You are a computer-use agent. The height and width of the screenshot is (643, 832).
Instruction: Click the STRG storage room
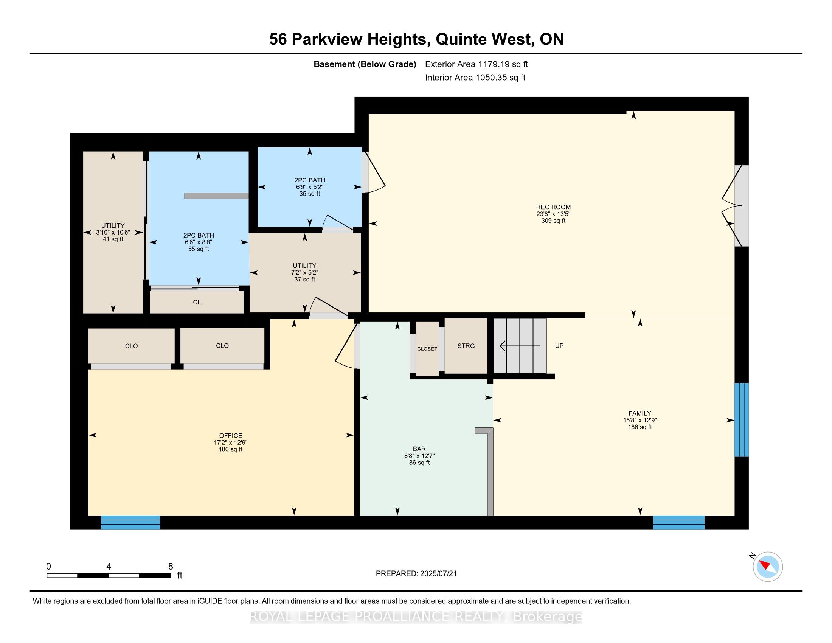click(466, 346)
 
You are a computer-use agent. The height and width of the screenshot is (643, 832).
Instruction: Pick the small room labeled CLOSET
click(427, 349)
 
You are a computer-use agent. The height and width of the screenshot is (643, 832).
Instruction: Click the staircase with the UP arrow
click(520, 346)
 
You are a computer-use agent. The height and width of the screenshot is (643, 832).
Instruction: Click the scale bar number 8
click(171, 566)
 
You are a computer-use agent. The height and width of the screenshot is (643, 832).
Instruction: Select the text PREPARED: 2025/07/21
click(416, 574)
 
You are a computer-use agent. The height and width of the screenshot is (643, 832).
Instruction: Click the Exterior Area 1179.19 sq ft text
click(476, 64)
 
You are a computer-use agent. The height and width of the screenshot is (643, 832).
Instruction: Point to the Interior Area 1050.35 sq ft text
click(475, 77)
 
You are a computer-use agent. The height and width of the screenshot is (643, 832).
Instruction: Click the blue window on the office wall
click(130, 522)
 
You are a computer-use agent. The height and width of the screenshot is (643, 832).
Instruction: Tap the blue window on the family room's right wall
click(741, 419)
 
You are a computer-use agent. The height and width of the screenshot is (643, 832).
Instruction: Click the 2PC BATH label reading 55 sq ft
click(199, 242)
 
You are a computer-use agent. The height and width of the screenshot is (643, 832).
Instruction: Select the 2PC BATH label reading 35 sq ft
click(309, 186)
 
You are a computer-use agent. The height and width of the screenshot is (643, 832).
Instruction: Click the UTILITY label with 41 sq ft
click(113, 232)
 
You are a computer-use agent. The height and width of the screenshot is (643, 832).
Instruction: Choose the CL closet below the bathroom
click(197, 303)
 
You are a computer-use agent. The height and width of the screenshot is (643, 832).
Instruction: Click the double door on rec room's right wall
click(735, 206)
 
